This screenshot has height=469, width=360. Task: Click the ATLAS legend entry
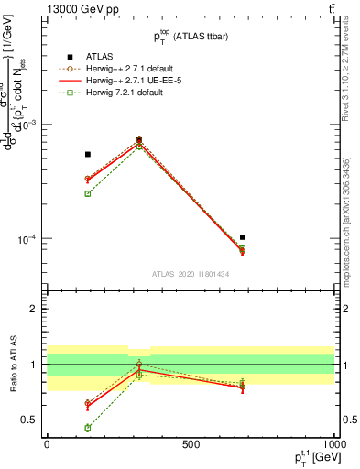pos(101,55)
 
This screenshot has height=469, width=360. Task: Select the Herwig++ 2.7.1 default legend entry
pos(128,67)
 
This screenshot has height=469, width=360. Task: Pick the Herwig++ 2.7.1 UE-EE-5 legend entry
pos(129,80)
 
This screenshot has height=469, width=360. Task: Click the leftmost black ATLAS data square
pos(88,154)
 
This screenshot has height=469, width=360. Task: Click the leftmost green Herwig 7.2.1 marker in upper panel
pos(88,193)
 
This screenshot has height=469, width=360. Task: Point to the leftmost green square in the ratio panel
pos(88,428)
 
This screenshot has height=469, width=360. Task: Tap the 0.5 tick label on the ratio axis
pos(29,420)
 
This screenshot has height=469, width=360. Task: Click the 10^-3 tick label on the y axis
pos(27,124)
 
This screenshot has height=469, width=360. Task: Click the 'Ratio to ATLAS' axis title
pos(13,364)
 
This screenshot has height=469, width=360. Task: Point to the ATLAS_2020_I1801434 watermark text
pos(190,274)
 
